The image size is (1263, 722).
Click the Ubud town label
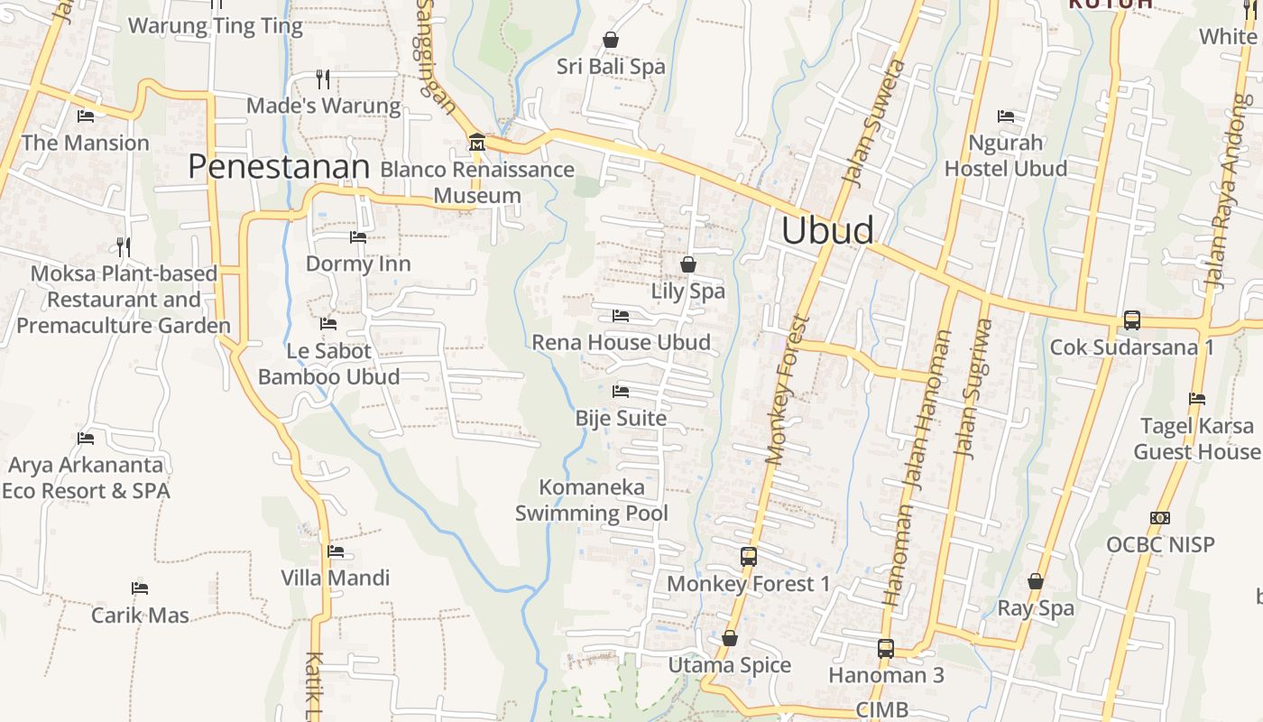(x=827, y=230)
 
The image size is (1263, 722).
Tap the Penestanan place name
(x=280, y=167)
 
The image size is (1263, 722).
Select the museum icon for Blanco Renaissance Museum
(x=476, y=143)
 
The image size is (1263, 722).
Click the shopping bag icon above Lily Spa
(x=688, y=264)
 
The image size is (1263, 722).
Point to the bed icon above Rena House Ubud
(x=621, y=316)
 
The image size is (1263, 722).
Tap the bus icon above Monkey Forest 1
(x=749, y=557)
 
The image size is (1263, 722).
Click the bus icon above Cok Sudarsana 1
(x=1131, y=320)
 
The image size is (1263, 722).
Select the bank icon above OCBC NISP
(x=1160, y=518)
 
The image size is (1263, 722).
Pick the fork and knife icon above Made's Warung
(x=323, y=79)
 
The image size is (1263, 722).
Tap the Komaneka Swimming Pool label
(x=592, y=501)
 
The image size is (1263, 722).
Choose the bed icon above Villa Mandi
(x=336, y=551)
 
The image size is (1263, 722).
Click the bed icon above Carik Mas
(x=140, y=588)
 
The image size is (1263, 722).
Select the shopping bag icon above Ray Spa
(x=1036, y=582)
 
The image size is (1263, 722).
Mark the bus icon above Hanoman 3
(x=886, y=648)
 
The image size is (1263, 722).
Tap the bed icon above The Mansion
(x=86, y=116)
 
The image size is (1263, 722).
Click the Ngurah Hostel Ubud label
(x=1006, y=155)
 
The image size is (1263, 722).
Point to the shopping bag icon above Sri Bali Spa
(x=611, y=40)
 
